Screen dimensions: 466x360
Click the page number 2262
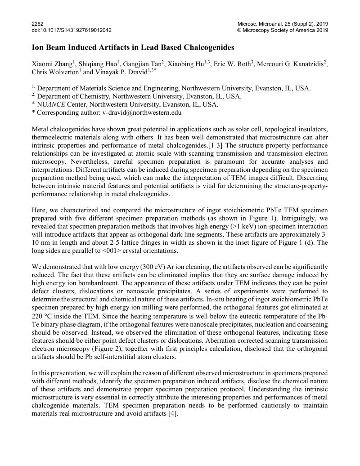37,23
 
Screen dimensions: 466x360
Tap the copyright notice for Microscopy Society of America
282,30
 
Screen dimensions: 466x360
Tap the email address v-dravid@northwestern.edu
142,113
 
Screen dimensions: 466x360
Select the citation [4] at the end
171,414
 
